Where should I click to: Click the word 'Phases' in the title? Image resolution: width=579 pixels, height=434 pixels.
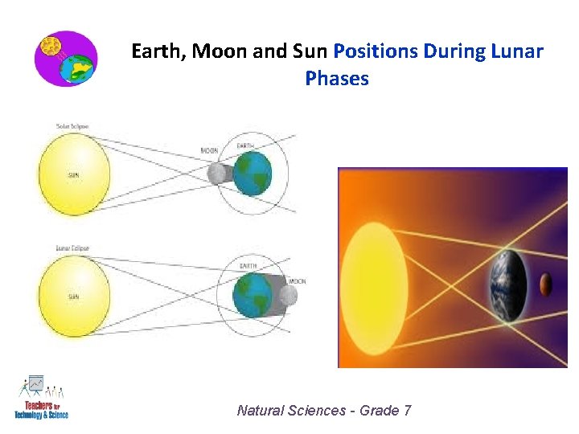point(337,79)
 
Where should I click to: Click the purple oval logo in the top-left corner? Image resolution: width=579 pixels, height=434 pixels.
point(66,59)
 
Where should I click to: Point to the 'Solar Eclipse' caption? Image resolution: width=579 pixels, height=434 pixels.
point(72,126)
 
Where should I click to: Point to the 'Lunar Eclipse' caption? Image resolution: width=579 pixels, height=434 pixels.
point(72,249)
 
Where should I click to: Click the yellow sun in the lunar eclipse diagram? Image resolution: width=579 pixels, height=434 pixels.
point(74,296)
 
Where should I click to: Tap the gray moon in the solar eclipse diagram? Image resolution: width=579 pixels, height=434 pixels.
point(216,174)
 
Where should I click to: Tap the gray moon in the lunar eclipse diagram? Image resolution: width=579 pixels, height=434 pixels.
point(288,296)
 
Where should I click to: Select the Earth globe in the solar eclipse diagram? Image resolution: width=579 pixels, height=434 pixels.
point(253,174)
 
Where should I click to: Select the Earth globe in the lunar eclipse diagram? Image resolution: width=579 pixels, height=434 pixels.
point(252,295)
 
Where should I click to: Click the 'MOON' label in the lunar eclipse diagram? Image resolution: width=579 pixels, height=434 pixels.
point(297,281)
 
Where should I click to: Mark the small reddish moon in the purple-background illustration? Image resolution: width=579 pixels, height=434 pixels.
point(545,284)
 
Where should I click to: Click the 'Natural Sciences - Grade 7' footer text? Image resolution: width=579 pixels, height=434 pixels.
point(324,411)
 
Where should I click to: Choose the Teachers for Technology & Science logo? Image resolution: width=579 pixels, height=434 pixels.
point(41,397)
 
